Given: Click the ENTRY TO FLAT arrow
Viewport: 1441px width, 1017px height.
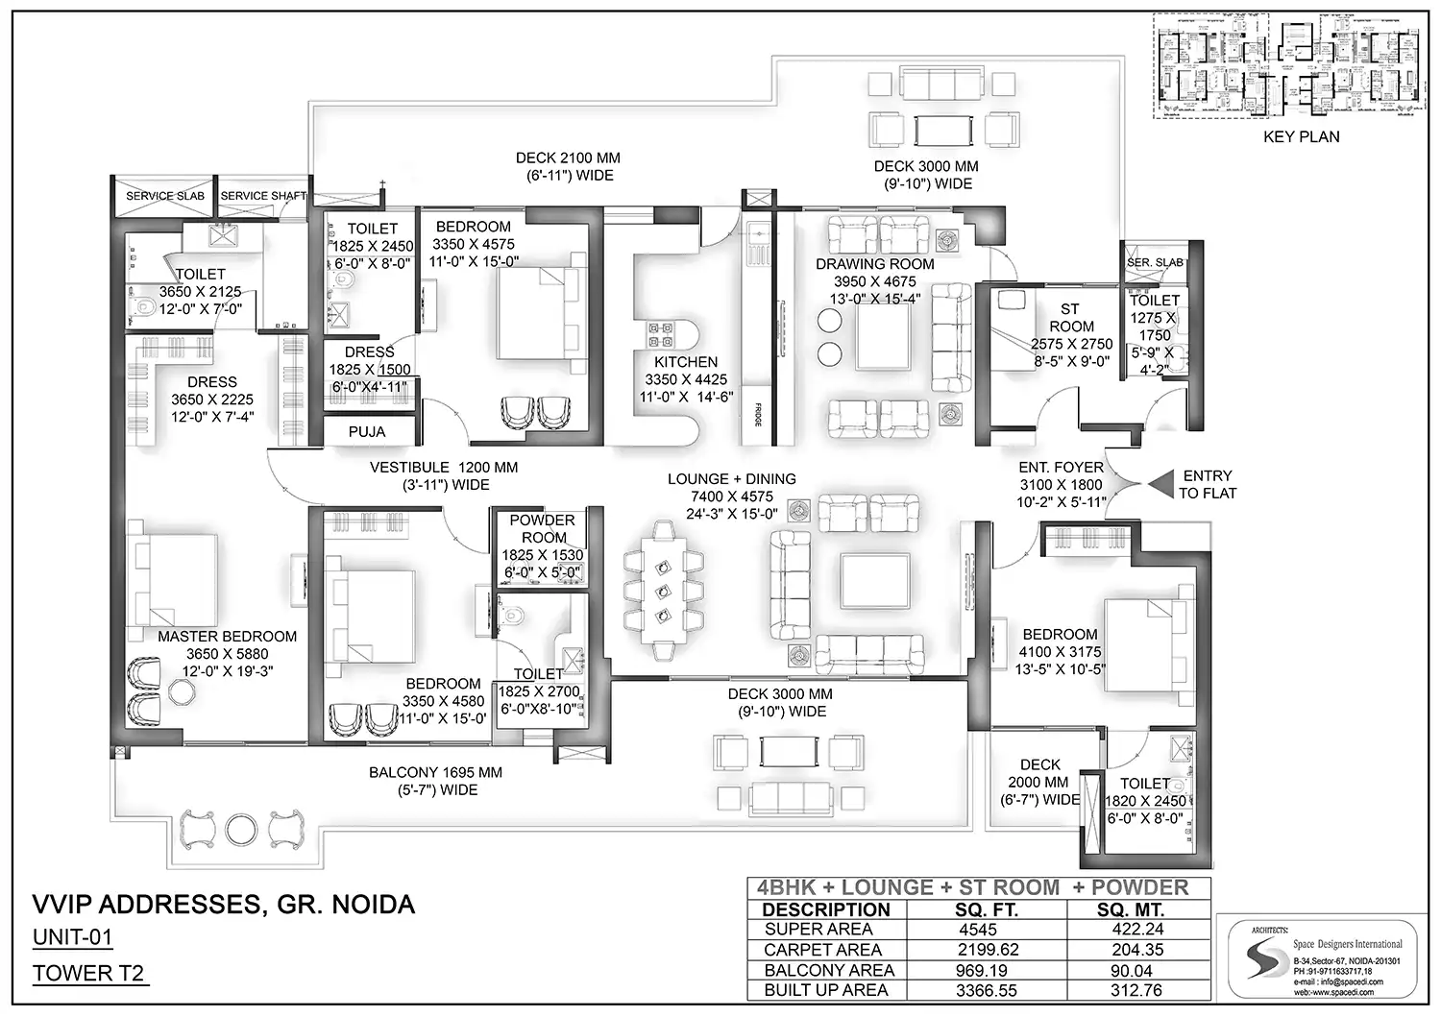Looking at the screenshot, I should tap(1160, 484).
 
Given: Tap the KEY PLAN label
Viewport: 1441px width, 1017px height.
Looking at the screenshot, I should tap(1301, 136).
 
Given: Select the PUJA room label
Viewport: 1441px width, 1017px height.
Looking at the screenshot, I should tap(367, 432).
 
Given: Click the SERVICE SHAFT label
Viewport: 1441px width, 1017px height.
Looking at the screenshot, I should tap(262, 196).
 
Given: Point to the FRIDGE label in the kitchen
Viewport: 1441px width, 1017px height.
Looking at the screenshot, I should tap(758, 414).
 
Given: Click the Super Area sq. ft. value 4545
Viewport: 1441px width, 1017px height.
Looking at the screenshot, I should tap(977, 930).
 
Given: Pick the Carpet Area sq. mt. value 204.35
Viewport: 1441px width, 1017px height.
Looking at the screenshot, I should tap(1138, 950).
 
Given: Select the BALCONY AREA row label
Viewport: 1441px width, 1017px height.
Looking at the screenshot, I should tap(828, 970).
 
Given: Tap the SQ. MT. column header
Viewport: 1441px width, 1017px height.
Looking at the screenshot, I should tap(1131, 909).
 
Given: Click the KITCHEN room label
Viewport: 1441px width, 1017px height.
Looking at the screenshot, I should tap(686, 362).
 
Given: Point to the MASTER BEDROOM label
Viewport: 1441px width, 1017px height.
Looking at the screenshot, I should tap(227, 636).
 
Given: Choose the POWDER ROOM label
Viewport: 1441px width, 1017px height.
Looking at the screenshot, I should tap(543, 528).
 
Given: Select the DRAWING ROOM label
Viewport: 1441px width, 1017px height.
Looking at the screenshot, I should tap(874, 264).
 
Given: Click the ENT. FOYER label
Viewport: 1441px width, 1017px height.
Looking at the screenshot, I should tap(1061, 468).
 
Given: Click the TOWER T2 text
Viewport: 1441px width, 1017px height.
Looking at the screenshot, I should tap(88, 973).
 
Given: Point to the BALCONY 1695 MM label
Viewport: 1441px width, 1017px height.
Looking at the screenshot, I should tap(435, 772).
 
